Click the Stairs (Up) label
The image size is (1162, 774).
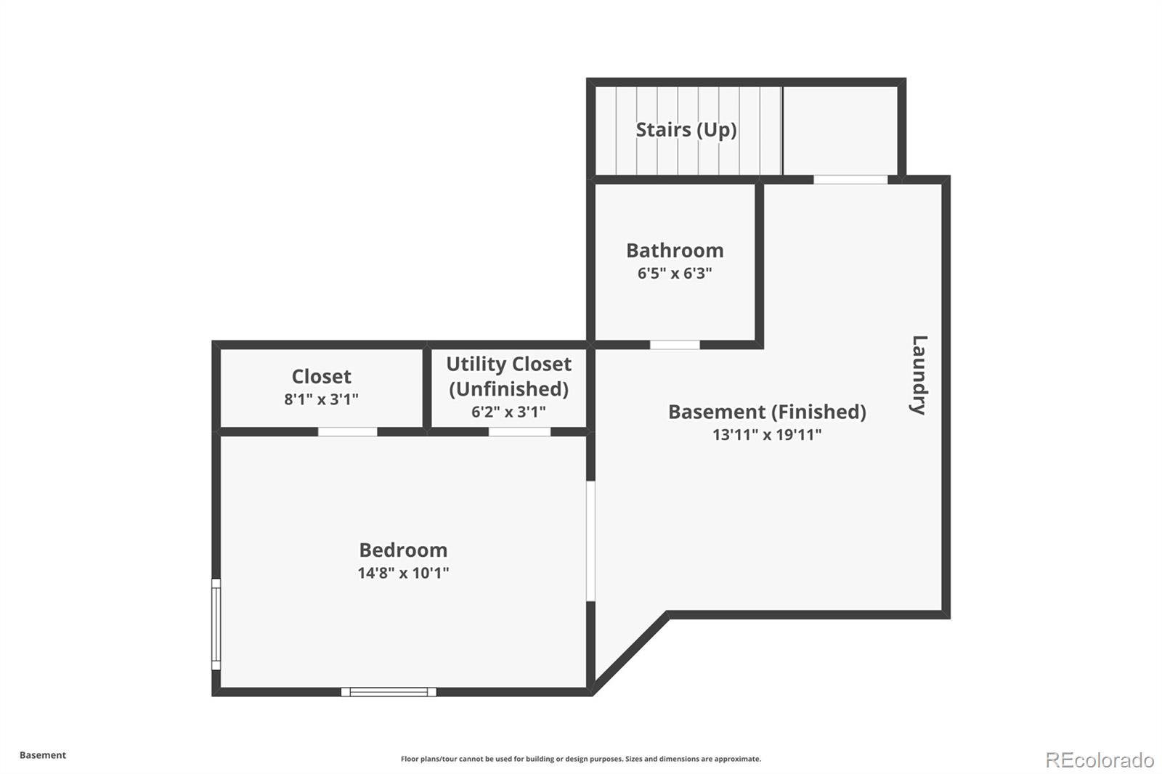(x=686, y=130)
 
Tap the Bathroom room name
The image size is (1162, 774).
(x=675, y=250)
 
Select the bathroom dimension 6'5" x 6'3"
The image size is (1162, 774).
(x=675, y=274)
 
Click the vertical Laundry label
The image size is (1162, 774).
(x=919, y=375)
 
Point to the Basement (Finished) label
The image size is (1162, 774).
(x=767, y=412)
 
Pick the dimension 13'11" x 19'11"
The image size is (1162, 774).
(x=767, y=435)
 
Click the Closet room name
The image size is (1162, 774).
(x=321, y=376)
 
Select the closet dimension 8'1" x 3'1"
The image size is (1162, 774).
(x=321, y=399)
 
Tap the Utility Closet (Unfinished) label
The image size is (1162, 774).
(x=508, y=376)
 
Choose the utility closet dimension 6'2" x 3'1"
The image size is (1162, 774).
(x=508, y=412)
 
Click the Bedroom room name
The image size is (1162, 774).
(x=403, y=550)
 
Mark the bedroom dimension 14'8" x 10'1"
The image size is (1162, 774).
(x=403, y=573)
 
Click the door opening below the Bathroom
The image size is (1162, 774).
(x=675, y=345)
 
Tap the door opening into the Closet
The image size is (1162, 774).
(x=347, y=432)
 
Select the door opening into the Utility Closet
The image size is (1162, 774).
(x=519, y=432)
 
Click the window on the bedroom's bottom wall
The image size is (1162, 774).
(x=389, y=692)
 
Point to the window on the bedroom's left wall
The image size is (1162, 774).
(x=216, y=624)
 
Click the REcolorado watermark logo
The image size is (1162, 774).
(x=1099, y=760)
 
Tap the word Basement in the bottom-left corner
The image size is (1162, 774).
(x=43, y=755)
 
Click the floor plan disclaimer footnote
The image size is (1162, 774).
(x=581, y=759)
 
